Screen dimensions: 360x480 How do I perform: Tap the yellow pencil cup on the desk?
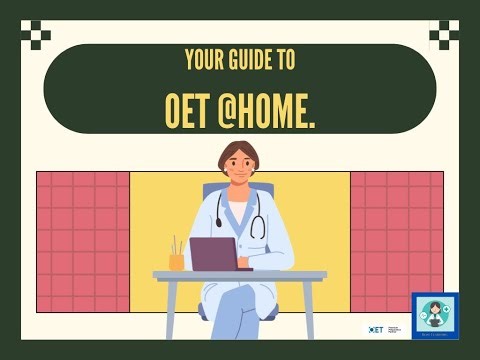pos(176,261)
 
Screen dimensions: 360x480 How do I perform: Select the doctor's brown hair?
pos(239,151)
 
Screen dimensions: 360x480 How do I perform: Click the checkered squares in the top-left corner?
pos(35,35)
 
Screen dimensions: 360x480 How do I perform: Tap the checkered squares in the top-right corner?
pos(444,35)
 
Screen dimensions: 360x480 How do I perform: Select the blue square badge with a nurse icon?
pos(435,316)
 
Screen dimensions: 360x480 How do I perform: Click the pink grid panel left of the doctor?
pos(83,241)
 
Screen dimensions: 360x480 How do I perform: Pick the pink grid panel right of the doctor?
pos(396,241)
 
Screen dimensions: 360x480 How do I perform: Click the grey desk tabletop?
pos(240,275)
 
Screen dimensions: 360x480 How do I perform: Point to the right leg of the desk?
pos(310,310)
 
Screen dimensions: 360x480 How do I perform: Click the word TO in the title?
pos(286,60)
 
